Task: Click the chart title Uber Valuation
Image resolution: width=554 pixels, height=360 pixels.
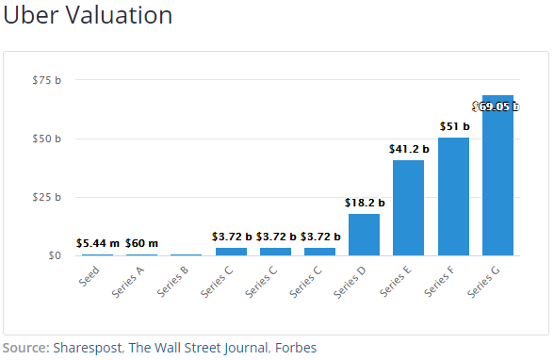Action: (x=88, y=15)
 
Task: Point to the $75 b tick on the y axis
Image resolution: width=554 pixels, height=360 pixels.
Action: (x=47, y=80)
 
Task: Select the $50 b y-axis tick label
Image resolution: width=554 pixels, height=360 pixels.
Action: (x=47, y=139)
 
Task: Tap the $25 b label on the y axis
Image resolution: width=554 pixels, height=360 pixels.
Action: (x=47, y=197)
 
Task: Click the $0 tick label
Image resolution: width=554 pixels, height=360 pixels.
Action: (x=55, y=255)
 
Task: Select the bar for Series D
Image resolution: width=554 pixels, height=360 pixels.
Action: (x=364, y=235)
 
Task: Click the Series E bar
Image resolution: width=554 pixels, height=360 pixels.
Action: (x=409, y=207)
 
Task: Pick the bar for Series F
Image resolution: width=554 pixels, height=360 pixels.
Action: (x=454, y=196)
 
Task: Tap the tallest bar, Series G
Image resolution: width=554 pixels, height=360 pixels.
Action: (x=497, y=175)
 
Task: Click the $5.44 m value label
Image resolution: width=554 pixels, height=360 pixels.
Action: (x=98, y=243)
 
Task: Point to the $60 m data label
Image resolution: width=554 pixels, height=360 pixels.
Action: (x=141, y=243)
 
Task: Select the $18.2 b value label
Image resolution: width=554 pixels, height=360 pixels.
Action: (x=365, y=203)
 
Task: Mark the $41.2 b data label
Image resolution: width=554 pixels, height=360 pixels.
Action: (x=409, y=149)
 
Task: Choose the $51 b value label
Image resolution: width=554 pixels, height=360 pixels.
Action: (x=454, y=126)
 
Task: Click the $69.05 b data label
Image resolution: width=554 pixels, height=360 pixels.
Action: (x=496, y=106)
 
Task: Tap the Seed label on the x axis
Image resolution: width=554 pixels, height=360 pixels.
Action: (x=89, y=276)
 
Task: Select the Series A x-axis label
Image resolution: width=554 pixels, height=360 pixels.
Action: (x=128, y=282)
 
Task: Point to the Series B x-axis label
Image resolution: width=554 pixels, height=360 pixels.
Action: (x=172, y=282)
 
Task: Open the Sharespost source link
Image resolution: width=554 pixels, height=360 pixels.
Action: (x=88, y=348)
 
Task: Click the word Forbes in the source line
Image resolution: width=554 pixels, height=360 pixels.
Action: (x=296, y=348)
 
